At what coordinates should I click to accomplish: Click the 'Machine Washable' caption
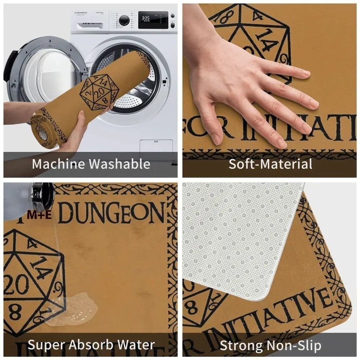click(x=91, y=164)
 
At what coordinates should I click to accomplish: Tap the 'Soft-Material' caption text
click(x=270, y=164)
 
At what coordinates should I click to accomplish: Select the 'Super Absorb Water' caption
click(x=91, y=345)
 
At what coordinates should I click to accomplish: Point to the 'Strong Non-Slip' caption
click(x=270, y=345)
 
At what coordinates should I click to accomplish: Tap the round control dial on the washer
click(x=124, y=20)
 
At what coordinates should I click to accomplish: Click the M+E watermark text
click(x=40, y=215)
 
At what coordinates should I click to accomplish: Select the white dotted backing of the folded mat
click(x=238, y=238)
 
